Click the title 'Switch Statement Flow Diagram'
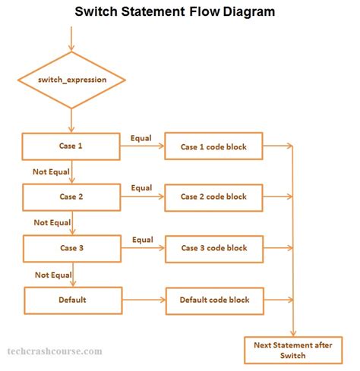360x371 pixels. [174, 12]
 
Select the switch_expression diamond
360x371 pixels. [71, 80]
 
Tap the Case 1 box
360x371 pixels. [71, 145]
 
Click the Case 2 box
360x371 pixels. [71, 197]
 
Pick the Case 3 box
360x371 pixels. [71, 247]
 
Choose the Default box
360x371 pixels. [72, 299]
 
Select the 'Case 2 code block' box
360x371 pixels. [213, 197]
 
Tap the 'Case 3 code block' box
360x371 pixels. [213, 247]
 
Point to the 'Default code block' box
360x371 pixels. [213, 299]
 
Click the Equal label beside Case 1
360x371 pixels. [141, 137]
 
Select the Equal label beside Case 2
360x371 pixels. [141, 187]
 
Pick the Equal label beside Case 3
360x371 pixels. [142, 240]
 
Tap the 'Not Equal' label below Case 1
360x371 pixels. [51, 171]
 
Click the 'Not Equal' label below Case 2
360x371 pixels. [51, 222]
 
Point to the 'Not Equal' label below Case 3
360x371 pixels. [52, 274]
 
